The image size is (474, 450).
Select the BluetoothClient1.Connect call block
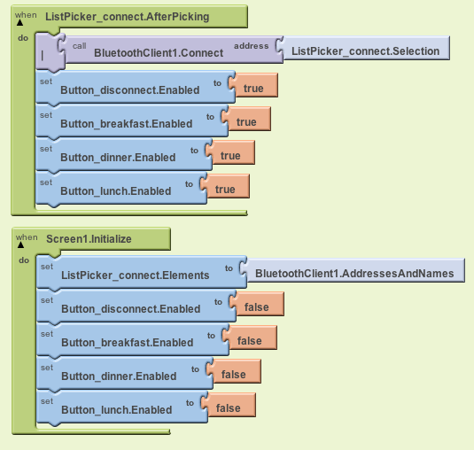point(159,50)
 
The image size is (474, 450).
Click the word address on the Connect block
point(252,46)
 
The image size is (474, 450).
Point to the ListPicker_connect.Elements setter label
point(136,275)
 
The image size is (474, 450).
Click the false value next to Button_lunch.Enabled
point(229,406)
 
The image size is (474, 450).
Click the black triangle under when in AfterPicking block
point(20,23)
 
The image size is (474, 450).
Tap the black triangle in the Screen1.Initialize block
point(20,245)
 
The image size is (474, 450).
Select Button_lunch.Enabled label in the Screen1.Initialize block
point(117,410)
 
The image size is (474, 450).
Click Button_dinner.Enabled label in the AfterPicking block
point(118,157)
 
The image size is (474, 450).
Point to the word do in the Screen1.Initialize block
point(24,260)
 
